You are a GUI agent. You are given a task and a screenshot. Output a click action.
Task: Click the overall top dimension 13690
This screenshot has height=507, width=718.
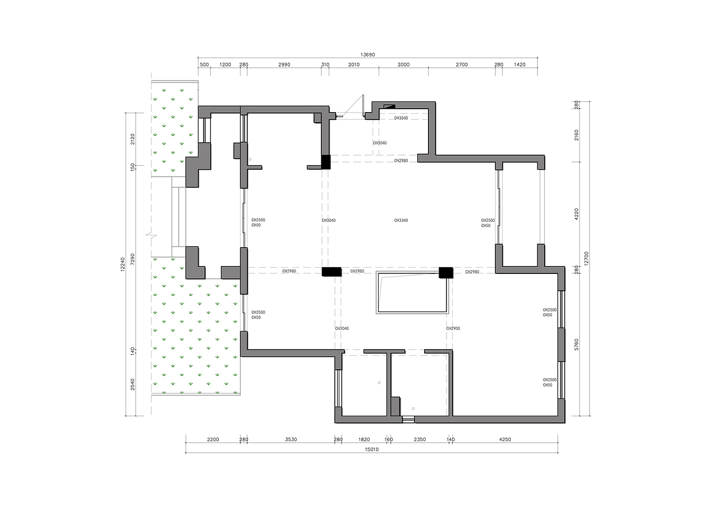[x=367, y=55]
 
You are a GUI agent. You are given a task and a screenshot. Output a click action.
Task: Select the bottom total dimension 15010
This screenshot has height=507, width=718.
[x=371, y=449]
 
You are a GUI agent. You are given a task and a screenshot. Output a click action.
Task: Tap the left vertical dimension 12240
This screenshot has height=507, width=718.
[x=122, y=264]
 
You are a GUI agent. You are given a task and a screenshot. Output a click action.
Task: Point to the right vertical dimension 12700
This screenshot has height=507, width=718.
[x=586, y=258]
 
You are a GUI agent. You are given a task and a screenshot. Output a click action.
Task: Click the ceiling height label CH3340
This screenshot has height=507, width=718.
[x=401, y=220]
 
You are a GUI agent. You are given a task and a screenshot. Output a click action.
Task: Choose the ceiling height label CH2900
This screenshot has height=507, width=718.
[x=453, y=328]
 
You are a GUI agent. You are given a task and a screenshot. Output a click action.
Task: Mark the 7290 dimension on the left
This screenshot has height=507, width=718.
[x=132, y=259]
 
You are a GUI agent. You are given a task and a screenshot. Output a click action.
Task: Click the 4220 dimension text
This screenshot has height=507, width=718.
[x=577, y=214]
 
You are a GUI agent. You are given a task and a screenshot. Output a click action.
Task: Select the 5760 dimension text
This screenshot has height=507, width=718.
[x=577, y=345]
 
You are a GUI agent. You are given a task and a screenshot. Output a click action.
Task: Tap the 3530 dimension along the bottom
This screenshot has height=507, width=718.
[x=291, y=439]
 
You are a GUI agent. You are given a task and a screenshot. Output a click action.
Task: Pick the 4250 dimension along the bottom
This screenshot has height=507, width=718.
[x=505, y=439]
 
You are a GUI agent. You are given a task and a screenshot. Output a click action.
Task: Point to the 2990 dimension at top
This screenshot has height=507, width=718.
[x=284, y=64]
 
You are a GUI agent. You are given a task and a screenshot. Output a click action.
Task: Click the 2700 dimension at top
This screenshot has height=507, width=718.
[x=462, y=64]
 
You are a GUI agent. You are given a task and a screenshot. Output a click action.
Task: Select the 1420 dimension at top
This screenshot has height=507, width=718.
[x=520, y=64]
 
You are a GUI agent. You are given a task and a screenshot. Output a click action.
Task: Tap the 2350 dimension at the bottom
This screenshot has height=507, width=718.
[x=420, y=439]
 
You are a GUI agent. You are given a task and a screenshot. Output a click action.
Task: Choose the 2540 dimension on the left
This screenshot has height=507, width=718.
[x=132, y=384]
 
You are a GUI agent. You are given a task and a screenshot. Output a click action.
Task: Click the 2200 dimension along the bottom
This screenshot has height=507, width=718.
[x=213, y=439]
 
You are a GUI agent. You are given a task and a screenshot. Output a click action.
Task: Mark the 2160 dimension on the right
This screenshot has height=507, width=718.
[x=577, y=135]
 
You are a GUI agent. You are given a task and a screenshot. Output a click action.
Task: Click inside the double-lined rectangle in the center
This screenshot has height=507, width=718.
[x=412, y=293]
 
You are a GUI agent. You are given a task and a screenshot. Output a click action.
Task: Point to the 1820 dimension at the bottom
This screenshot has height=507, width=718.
[x=364, y=439]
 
